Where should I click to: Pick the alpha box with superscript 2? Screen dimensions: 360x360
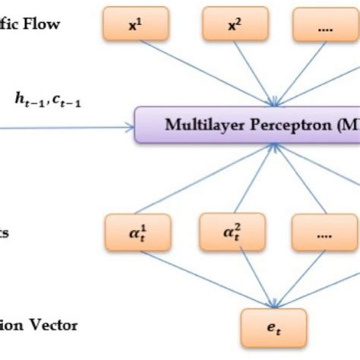point(229,230)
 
